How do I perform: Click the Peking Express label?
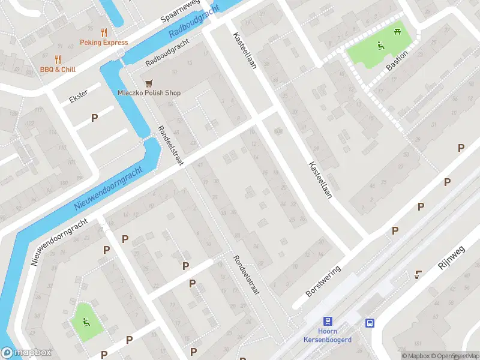click(104, 43)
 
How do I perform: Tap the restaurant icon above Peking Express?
click(104, 32)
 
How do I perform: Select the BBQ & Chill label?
click(58, 70)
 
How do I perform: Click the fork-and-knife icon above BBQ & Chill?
click(58, 59)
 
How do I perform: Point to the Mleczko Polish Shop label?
click(149, 93)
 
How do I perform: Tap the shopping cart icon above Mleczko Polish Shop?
click(148, 82)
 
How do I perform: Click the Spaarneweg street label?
click(180, 11)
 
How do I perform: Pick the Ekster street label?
click(79, 96)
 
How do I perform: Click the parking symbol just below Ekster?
click(94, 118)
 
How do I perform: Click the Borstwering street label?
click(323, 281)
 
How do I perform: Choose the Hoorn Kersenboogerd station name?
click(327, 335)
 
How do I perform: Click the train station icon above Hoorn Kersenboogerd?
click(328, 321)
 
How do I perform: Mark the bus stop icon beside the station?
click(370, 323)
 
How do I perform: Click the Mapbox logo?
click(26, 353)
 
